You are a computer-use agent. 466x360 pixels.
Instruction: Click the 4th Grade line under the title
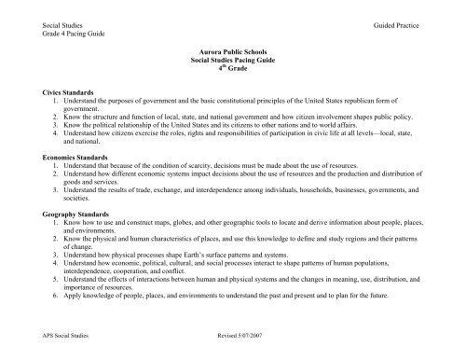coord(233,67)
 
